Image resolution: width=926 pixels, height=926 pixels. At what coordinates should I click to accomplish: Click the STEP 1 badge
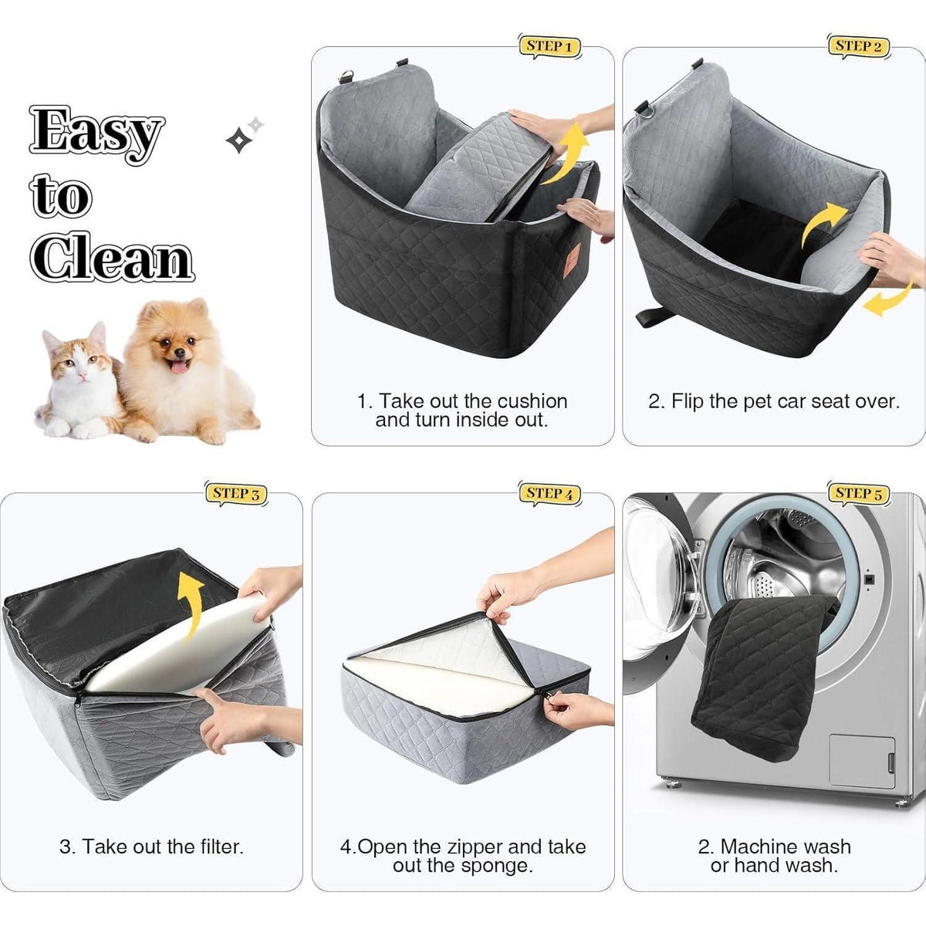click(549, 47)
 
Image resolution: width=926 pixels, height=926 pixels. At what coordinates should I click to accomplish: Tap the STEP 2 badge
click(858, 47)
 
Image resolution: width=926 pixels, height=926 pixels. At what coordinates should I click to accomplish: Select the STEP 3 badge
click(236, 494)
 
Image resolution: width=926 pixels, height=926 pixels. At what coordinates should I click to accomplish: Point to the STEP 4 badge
click(549, 494)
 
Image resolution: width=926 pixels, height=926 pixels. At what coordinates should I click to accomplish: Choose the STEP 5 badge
click(858, 494)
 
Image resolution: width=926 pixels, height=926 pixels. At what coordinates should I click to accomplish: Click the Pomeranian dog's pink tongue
click(179, 367)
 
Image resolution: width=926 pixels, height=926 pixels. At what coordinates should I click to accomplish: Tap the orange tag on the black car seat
click(573, 260)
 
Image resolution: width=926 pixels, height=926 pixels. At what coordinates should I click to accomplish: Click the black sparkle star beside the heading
click(238, 140)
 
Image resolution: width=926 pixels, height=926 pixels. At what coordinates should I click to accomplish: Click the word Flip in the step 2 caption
click(687, 401)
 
